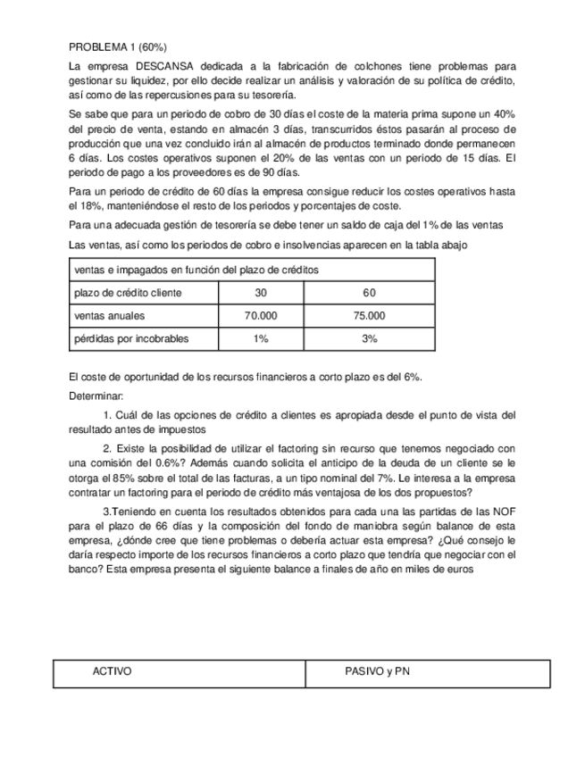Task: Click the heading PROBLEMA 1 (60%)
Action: pos(117,46)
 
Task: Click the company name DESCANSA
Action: pos(163,66)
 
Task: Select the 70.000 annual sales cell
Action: pos(261,316)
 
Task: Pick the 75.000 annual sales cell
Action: pos(369,316)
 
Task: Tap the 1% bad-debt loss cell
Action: pos(261,339)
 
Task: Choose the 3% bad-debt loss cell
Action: pos(369,339)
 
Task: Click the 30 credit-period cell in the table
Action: pos(261,293)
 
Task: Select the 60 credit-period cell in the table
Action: pos(369,293)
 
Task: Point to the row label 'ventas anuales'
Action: pos(110,316)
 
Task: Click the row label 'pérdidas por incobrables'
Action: pos(131,339)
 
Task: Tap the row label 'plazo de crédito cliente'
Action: pos(128,293)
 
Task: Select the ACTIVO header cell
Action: pos(113,670)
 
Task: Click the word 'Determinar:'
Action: pos(96,395)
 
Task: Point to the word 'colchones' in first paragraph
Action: pos(358,66)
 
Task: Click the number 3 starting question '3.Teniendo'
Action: pos(107,511)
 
